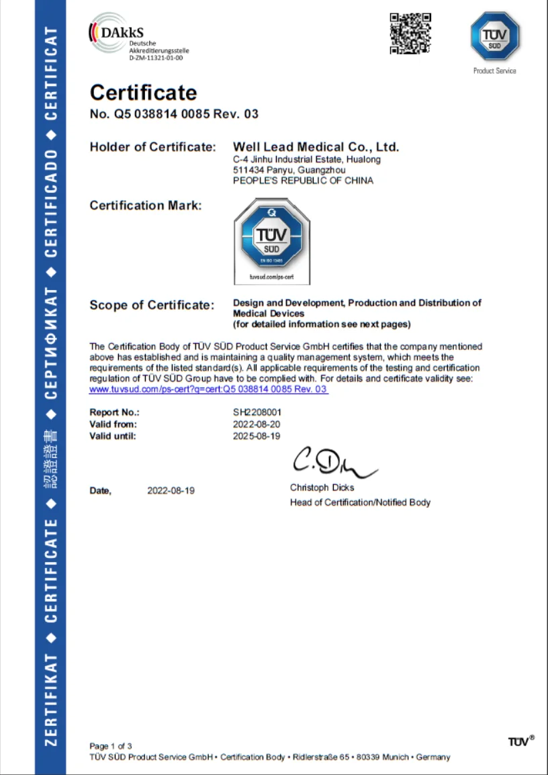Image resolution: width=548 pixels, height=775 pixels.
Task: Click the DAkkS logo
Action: point(138,38)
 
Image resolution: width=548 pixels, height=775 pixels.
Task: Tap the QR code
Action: point(410,33)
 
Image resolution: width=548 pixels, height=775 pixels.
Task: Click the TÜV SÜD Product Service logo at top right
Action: point(495,38)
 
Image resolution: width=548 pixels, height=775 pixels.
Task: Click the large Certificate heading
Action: point(143,93)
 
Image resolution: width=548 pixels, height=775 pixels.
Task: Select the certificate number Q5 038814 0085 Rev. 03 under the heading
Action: point(174,114)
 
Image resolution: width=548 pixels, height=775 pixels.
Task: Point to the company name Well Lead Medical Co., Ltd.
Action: point(316,146)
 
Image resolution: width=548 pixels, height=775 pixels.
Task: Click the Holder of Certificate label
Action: point(152,147)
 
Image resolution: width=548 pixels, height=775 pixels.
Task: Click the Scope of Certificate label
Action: point(152,306)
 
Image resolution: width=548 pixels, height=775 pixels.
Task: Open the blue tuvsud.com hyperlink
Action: point(208,390)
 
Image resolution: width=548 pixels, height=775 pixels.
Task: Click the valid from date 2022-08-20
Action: point(256,424)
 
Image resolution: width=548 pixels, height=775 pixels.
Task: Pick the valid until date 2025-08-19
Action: point(256,437)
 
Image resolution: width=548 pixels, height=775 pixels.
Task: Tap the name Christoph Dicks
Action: point(322,488)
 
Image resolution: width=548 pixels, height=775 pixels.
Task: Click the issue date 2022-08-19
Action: point(171,491)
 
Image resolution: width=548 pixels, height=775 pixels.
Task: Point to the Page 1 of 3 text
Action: point(111,746)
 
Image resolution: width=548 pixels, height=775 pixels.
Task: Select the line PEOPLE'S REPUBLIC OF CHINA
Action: point(303,181)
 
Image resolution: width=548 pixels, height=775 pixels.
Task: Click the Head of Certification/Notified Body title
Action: point(360,502)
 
